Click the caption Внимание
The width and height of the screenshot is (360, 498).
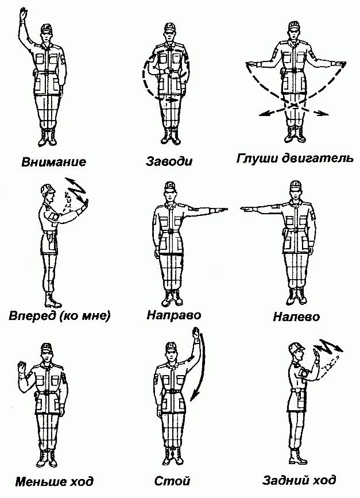[x=54, y=161]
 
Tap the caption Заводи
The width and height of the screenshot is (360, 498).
[x=169, y=161]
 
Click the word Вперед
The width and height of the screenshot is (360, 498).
[x=33, y=315]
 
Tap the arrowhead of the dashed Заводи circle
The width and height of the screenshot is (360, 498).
[x=174, y=99]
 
